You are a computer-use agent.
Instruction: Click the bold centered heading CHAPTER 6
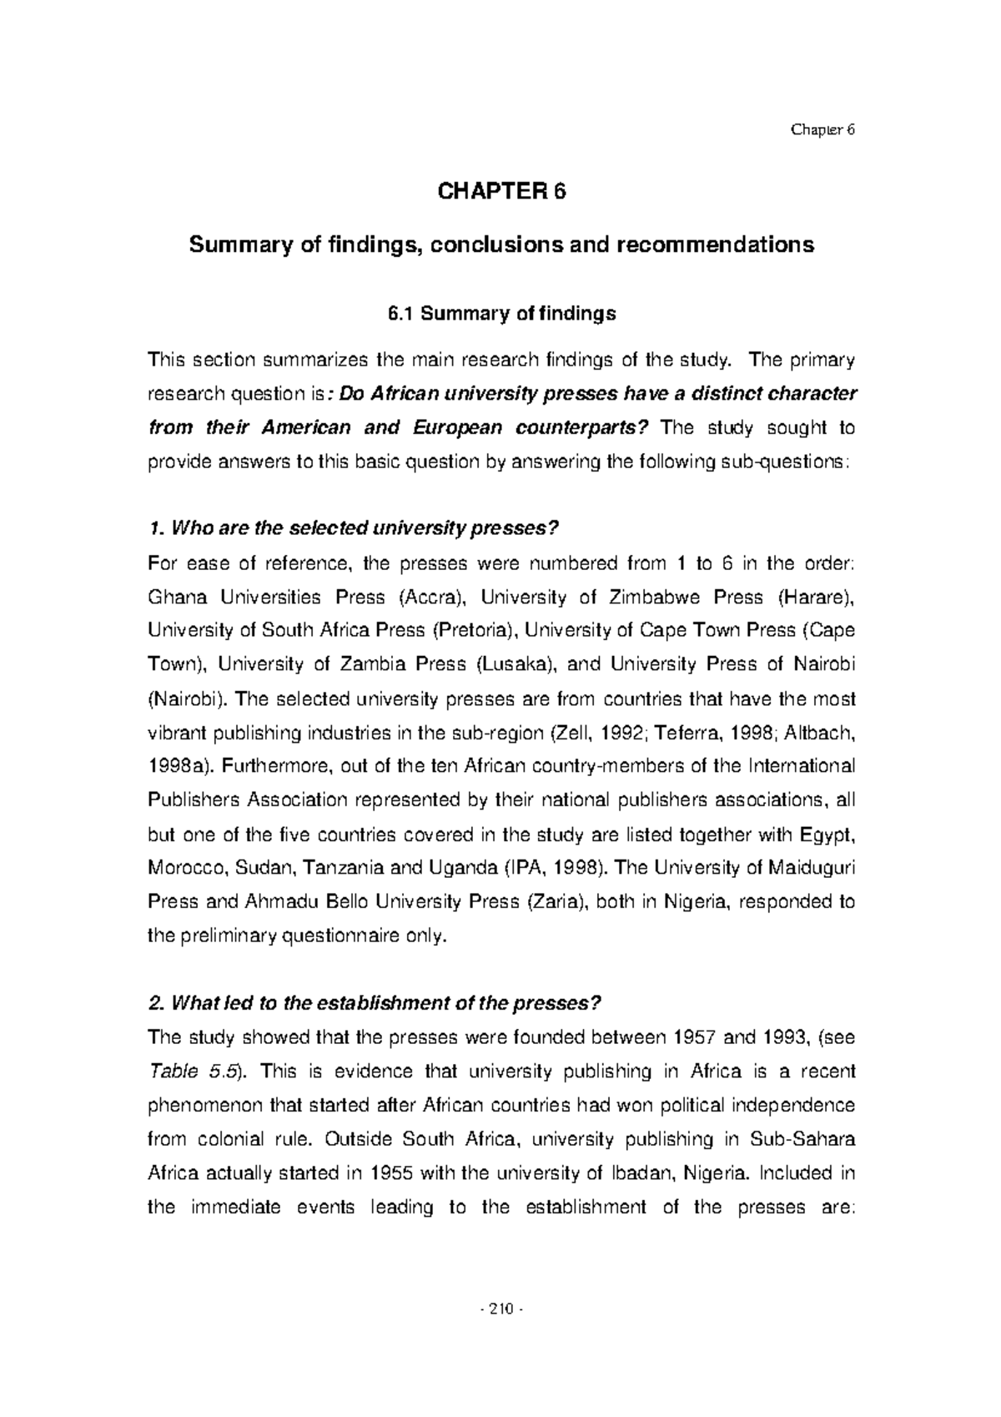point(500,192)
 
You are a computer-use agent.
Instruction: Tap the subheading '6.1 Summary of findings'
point(500,314)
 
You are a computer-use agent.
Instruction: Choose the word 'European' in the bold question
point(456,428)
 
